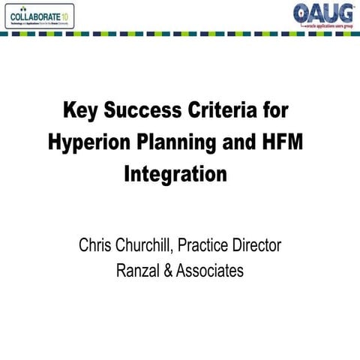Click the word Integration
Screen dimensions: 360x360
click(x=174, y=175)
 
